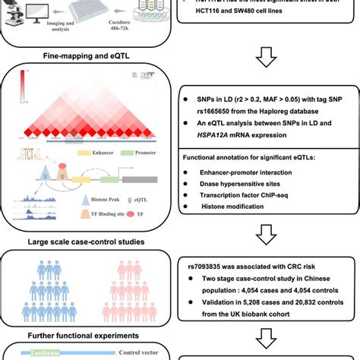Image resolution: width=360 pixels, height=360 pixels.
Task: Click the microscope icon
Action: (x=11, y=11)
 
